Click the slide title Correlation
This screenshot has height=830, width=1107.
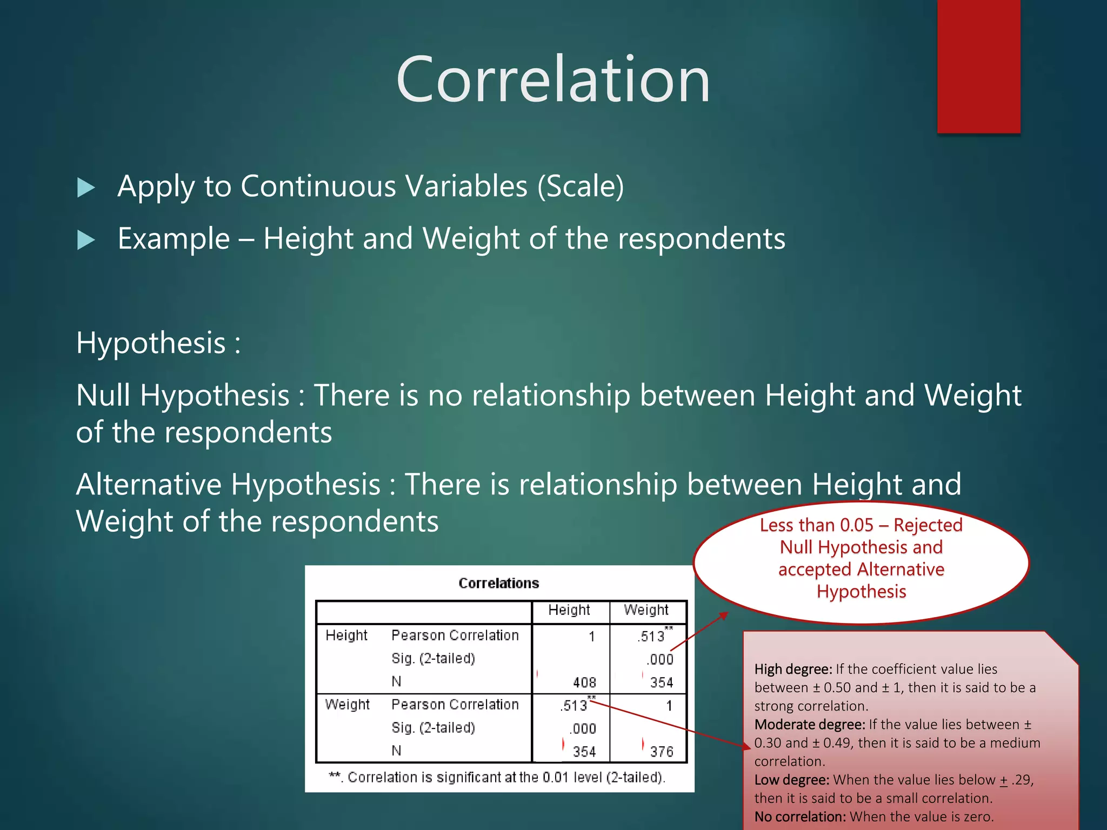click(552, 80)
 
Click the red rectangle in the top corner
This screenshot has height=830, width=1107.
click(978, 66)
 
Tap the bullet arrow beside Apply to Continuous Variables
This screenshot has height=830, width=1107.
click(86, 188)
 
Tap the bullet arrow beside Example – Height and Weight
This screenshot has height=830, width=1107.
click(86, 240)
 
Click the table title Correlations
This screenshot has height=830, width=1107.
click(498, 583)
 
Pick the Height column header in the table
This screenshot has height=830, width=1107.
click(569, 610)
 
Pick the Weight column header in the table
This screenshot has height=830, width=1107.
click(646, 610)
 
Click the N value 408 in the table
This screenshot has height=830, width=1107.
click(584, 682)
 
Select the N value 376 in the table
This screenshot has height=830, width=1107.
click(662, 752)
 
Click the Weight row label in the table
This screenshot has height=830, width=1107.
click(347, 705)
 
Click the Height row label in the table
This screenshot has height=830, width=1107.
click(346, 635)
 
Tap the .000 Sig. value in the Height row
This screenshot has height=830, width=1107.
click(660, 659)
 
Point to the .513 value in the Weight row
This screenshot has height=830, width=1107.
click(573, 706)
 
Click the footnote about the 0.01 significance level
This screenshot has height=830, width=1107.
click(497, 778)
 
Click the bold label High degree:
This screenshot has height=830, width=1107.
click(793, 670)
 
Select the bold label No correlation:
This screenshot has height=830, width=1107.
click(800, 816)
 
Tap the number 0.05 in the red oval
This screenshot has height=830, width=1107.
click(856, 525)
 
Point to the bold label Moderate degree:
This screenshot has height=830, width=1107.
click(809, 725)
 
